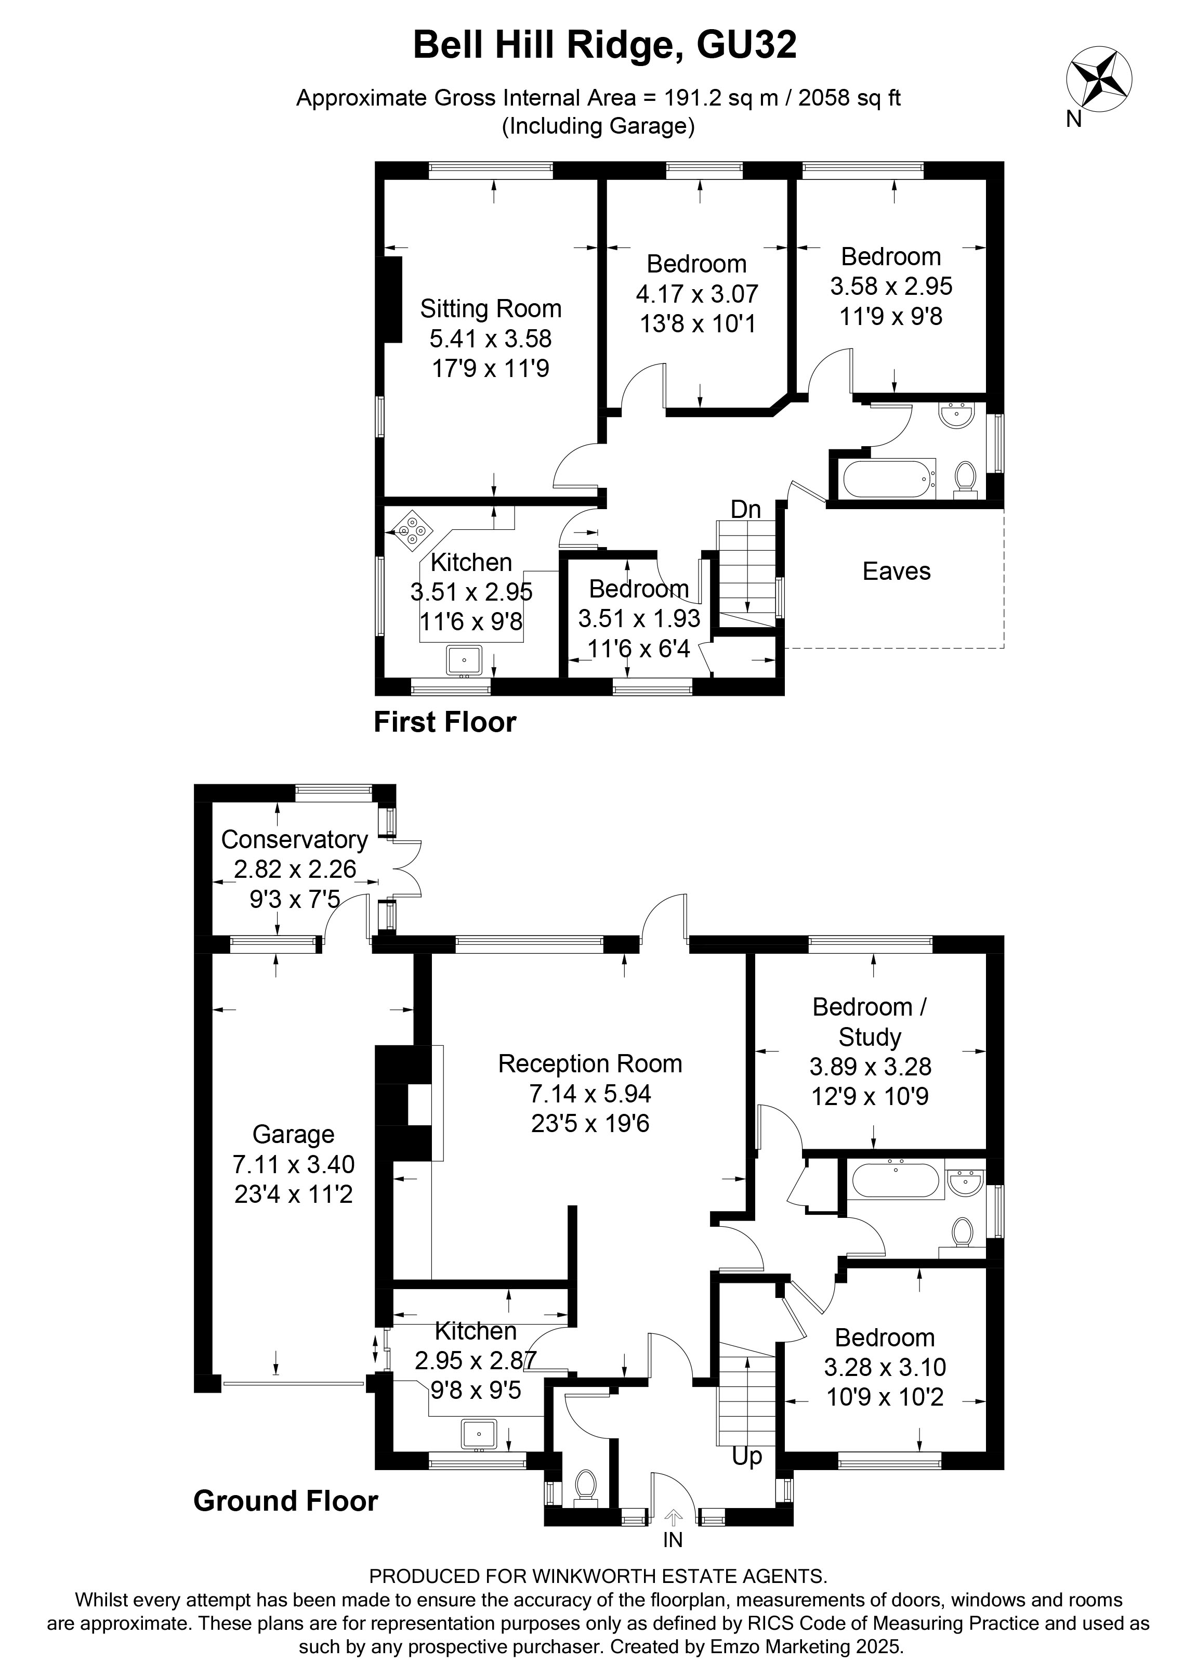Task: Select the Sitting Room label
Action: tap(490, 308)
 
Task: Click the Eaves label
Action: tap(896, 571)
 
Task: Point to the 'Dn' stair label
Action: tap(746, 509)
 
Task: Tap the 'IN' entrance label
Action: tap(673, 1540)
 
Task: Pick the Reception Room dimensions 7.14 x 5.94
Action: tap(590, 1093)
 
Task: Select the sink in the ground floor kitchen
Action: tap(479, 1434)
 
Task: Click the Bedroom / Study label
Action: tap(870, 1021)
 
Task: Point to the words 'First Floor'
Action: tap(445, 722)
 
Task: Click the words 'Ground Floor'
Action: tap(286, 1501)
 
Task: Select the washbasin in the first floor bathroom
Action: tap(956, 415)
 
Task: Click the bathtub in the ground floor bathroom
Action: tap(895, 1180)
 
